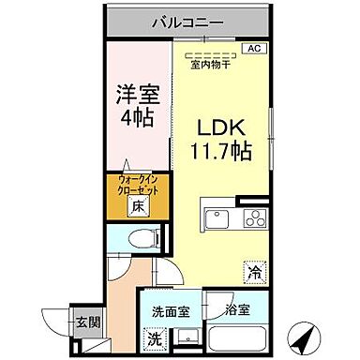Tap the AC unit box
click(x=253, y=48)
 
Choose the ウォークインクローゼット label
click(x=136, y=183)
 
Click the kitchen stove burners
click(x=253, y=220)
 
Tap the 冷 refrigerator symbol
click(x=254, y=272)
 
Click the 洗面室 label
click(x=164, y=308)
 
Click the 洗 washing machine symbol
click(x=153, y=338)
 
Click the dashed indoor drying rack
click(x=211, y=53)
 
